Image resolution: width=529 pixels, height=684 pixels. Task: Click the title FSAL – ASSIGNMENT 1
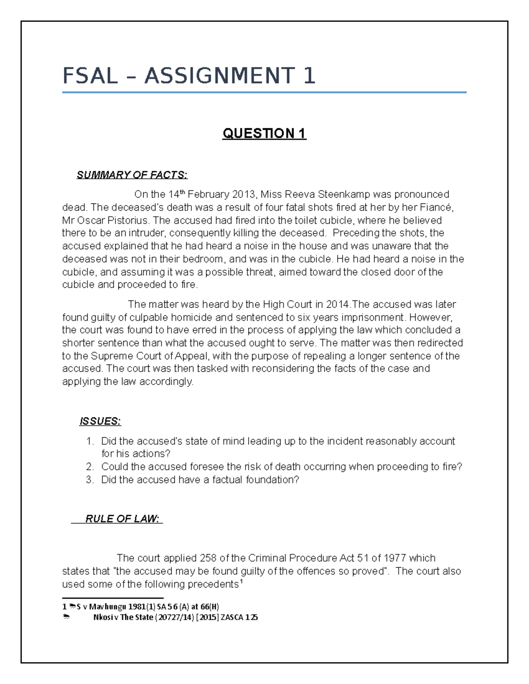(x=189, y=76)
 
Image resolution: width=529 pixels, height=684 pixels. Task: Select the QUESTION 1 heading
(x=264, y=133)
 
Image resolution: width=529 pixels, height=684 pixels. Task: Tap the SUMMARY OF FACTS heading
(x=132, y=175)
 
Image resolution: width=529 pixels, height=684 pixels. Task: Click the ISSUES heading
(x=100, y=421)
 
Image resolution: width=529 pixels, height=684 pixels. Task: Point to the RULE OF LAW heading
(x=122, y=519)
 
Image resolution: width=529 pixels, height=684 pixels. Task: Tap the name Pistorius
(x=128, y=220)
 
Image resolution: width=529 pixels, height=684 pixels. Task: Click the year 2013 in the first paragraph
(x=244, y=195)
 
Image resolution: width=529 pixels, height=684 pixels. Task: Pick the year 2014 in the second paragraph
(x=337, y=304)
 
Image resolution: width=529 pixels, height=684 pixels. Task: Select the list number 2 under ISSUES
(x=90, y=467)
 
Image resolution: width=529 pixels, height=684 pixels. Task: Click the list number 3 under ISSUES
(x=90, y=480)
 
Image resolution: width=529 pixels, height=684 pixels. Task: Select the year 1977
(x=395, y=558)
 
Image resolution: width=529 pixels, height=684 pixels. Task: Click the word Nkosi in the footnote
(x=102, y=617)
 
